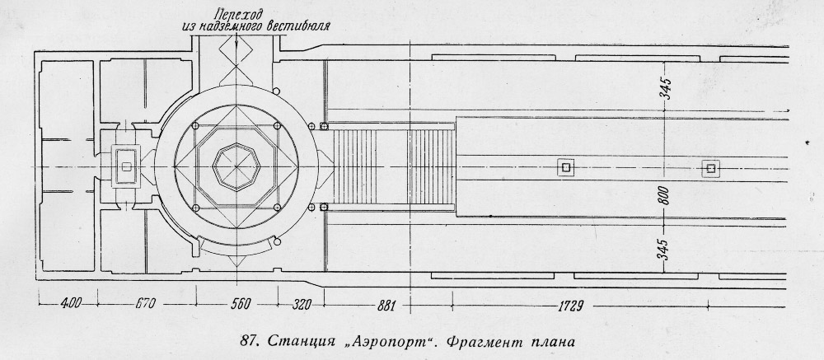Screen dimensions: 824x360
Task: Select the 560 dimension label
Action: (241, 304)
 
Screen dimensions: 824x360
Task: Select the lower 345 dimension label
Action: (663, 249)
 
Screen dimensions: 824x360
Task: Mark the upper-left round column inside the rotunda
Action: (195, 126)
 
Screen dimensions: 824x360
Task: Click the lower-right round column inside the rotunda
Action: (277, 208)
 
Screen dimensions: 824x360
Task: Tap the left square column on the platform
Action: (565, 168)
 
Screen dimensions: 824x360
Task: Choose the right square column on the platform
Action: (710, 168)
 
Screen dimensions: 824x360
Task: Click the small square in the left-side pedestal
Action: (126, 166)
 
